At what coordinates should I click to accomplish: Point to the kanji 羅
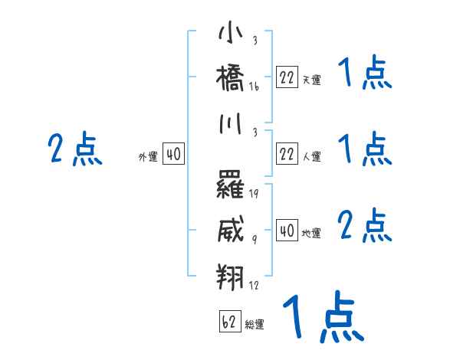coord(231,184)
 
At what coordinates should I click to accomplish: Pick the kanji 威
coord(231,228)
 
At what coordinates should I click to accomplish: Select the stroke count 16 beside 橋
coord(254,87)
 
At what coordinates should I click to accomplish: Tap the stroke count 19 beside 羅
coord(254,193)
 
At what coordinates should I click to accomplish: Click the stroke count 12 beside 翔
coord(254,286)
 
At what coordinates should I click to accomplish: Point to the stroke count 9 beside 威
coord(254,239)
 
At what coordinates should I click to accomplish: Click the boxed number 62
coord(230,322)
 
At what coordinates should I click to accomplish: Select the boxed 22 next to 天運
coord(287,77)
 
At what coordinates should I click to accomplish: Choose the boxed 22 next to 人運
coord(287,155)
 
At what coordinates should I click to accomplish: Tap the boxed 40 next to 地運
coord(287,231)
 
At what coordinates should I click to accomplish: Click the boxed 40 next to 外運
coord(173,155)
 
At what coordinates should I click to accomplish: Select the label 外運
coord(147,157)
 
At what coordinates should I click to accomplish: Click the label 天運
coord(311,80)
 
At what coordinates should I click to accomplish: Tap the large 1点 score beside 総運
coord(322,317)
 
